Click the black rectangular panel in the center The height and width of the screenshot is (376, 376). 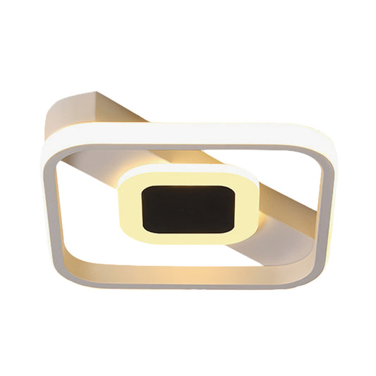(x=187, y=209)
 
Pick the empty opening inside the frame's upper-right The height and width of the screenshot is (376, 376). (x=282, y=169)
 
